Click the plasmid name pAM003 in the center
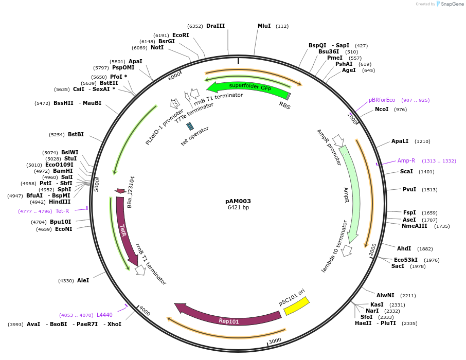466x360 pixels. tap(238, 201)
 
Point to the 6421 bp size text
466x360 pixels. tap(238, 208)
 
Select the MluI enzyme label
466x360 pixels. tap(264, 26)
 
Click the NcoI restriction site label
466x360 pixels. tap(382, 109)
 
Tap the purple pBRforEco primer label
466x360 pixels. tap(382, 100)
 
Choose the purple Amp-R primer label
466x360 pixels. tap(406, 160)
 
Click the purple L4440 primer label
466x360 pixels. tap(104, 315)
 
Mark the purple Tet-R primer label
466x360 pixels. tap(62, 211)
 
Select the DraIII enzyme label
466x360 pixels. tap(216, 26)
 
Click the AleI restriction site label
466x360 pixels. tap(83, 280)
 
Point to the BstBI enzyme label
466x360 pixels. tap(76, 134)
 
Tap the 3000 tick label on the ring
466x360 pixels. tap(275, 340)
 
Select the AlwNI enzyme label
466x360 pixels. tap(385, 295)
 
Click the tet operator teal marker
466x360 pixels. tap(190, 126)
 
